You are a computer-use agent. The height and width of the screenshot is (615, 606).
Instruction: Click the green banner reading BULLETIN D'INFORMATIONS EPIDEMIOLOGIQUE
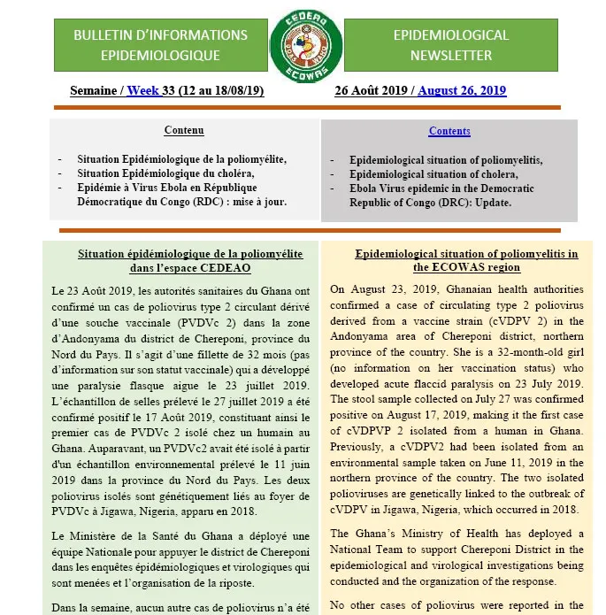click(160, 45)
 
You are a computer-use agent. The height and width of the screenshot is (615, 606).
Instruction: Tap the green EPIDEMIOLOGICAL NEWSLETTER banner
click(450, 45)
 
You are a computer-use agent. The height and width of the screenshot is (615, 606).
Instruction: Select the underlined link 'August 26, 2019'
click(462, 90)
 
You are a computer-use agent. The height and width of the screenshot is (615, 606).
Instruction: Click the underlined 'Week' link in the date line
click(143, 90)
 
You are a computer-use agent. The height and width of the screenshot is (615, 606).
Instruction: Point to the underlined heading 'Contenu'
click(184, 131)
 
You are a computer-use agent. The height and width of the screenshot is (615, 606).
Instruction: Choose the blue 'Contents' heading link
click(449, 132)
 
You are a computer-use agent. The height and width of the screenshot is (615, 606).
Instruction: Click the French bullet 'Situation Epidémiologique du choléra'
click(165, 173)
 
